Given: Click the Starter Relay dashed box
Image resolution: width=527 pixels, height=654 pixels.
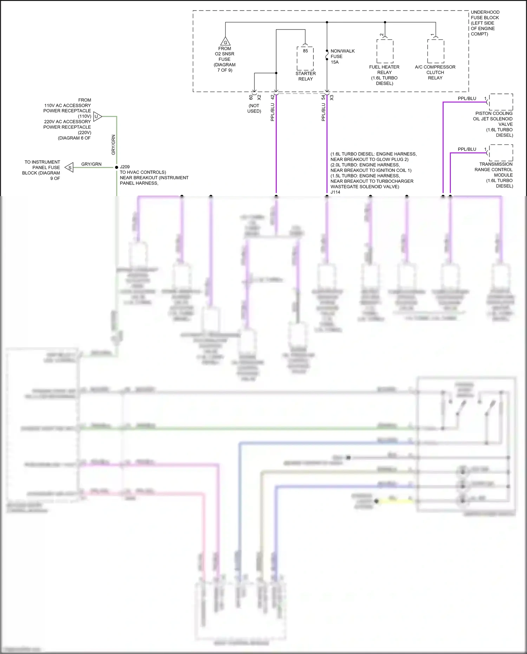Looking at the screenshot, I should tap(305, 58).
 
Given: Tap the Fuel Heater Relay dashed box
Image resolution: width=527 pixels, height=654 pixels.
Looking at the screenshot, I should tap(385, 51).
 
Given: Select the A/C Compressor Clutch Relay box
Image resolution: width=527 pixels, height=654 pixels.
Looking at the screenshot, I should tap(436, 51).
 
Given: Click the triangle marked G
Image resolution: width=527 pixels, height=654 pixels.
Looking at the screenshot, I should tap(225, 41).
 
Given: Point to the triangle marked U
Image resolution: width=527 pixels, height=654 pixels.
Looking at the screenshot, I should tap(97, 116).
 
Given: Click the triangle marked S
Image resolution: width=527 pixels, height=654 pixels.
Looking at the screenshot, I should tap(70, 168).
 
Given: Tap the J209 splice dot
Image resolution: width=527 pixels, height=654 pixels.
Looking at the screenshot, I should tap(117, 167).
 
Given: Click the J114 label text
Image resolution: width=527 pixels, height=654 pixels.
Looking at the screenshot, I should tap(336, 192).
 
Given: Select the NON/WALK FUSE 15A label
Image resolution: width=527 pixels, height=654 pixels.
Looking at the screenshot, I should tap(342, 57).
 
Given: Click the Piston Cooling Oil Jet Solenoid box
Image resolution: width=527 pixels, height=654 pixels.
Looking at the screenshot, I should tap(501, 102).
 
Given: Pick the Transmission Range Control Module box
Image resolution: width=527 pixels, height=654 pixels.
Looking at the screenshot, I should tap(501, 153).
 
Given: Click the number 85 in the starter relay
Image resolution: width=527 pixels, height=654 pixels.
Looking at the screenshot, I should tap(305, 51).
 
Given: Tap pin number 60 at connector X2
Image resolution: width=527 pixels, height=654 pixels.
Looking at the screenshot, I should tap(251, 97).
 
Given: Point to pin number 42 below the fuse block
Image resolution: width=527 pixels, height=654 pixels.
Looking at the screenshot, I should tap(272, 97).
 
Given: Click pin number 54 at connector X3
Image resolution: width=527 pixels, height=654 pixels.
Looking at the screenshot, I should tap(323, 97).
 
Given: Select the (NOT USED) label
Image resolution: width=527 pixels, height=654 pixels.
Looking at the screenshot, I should tap(254, 108).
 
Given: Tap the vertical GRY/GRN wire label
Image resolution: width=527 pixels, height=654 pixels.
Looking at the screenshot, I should tap(113, 145).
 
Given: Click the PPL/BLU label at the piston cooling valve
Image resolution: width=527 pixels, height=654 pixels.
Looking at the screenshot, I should tap(467, 98).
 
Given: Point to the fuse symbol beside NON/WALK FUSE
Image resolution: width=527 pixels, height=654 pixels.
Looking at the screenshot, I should tap(327, 56).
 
